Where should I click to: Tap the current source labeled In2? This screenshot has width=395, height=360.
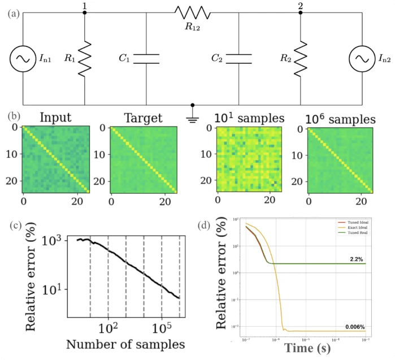click(362, 58)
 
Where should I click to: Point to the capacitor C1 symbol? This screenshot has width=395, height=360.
click(146, 58)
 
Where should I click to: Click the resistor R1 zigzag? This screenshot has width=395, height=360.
click(84, 58)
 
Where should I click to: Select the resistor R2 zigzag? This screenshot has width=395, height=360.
click(300, 58)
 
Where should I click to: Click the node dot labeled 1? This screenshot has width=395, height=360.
click(84, 12)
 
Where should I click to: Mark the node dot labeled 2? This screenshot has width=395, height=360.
click(300, 12)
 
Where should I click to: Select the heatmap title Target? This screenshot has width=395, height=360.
click(144, 118)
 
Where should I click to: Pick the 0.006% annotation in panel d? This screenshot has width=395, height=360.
click(355, 327)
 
